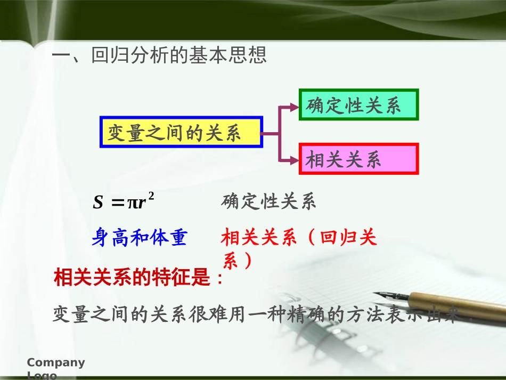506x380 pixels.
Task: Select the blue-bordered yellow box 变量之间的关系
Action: pyautogui.click(x=181, y=132)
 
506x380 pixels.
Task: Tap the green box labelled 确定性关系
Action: pyautogui.click(x=358, y=105)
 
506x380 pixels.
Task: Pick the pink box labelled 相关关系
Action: pyautogui.click(x=358, y=159)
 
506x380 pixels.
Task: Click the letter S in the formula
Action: pyautogui.click(x=97, y=203)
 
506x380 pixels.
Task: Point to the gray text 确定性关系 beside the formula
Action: pyautogui.click(x=268, y=202)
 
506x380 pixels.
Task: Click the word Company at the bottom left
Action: pyautogui.click(x=56, y=363)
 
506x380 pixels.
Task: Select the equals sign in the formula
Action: pyautogui.click(x=117, y=203)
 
